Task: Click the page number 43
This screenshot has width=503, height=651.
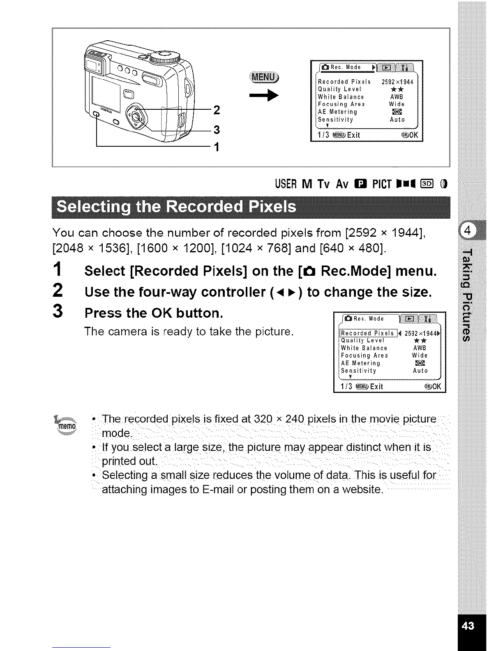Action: pyautogui.click(x=468, y=626)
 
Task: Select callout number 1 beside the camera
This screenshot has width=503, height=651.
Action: pyautogui.click(x=217, y=147)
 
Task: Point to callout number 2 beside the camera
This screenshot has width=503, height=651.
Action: pyautogui.click(x=217, y=110)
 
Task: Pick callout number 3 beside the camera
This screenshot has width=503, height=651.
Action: pyautogui.click(x=217, y=129)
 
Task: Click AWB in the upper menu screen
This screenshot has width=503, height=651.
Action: pyautogui.click(x=397, y=97)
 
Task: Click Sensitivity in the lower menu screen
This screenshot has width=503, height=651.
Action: pyautogui.click(x=358, y=371)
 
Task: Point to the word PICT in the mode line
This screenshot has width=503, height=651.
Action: pyautogui.click(x=381, y=185)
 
